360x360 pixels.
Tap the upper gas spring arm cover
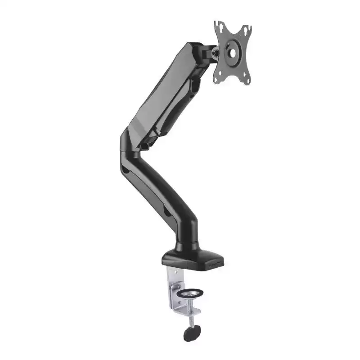click(169, 85)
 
